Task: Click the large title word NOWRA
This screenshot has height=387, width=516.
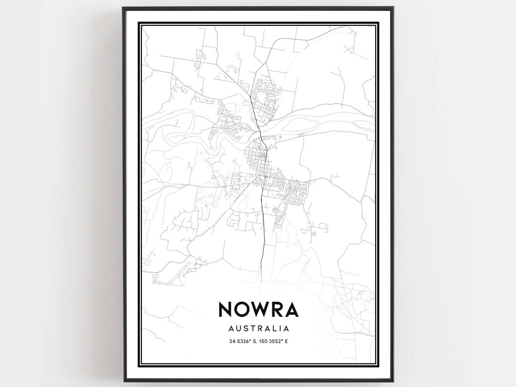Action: click(258, 310)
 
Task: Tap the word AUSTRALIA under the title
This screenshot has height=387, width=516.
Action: click(258, 329)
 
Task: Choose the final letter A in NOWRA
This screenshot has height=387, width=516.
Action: click(291, 310)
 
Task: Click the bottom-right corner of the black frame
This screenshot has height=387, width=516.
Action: click(392, 380)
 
